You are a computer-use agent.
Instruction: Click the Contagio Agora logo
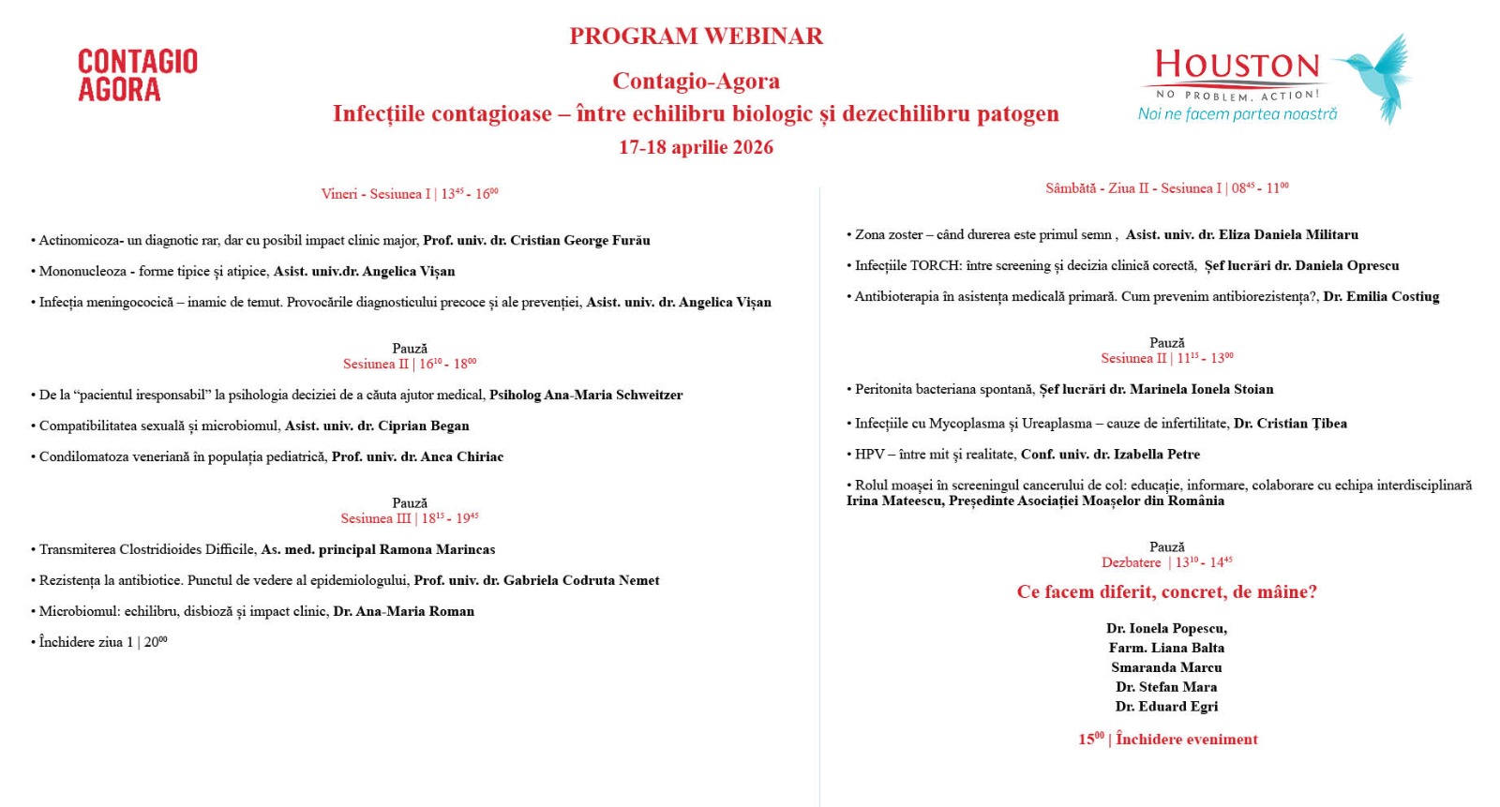point(138,75)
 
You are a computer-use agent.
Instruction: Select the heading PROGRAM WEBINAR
point(696,37)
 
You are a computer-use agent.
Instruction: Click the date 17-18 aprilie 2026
point(696,147)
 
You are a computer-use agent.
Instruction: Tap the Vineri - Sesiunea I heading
point(410,194)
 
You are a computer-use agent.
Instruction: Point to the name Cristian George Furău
point(579,241)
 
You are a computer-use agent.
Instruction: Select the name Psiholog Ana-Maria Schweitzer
point(586,396)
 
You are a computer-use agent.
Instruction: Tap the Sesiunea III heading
point(410,518)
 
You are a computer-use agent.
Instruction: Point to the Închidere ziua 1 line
point(102,642)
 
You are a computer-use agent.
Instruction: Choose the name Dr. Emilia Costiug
point(1381,297)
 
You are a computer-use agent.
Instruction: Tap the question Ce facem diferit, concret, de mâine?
point(1166,592)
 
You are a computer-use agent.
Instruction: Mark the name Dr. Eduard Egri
point(1166,707)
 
